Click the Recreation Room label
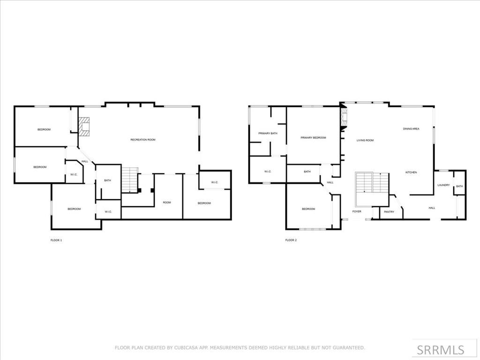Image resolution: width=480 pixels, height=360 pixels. (142, 140)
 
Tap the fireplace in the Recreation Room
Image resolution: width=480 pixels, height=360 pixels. (84, 126)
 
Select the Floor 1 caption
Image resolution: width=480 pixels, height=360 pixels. (56, 240)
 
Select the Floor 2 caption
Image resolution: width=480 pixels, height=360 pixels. (291, 240)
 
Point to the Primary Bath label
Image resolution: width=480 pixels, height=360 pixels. (268, 134)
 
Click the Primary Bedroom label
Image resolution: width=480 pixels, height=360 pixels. (313, 138)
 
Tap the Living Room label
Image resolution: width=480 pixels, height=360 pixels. (365, 140)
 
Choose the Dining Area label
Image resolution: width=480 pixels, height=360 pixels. (411, 128)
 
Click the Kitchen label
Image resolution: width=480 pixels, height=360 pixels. (411, 172)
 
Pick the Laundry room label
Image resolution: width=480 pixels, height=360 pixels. (443, 185)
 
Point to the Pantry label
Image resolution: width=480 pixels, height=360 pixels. (389, 212)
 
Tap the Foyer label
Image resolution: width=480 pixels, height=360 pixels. (357, 212)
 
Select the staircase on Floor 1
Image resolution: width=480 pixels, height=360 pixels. (130, 180)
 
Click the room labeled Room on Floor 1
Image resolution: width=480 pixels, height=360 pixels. (167, 202)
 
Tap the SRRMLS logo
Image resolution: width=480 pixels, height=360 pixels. (441, 350)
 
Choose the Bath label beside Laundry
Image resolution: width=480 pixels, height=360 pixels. (459, 187)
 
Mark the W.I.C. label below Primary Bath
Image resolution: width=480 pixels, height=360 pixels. (268, 172)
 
